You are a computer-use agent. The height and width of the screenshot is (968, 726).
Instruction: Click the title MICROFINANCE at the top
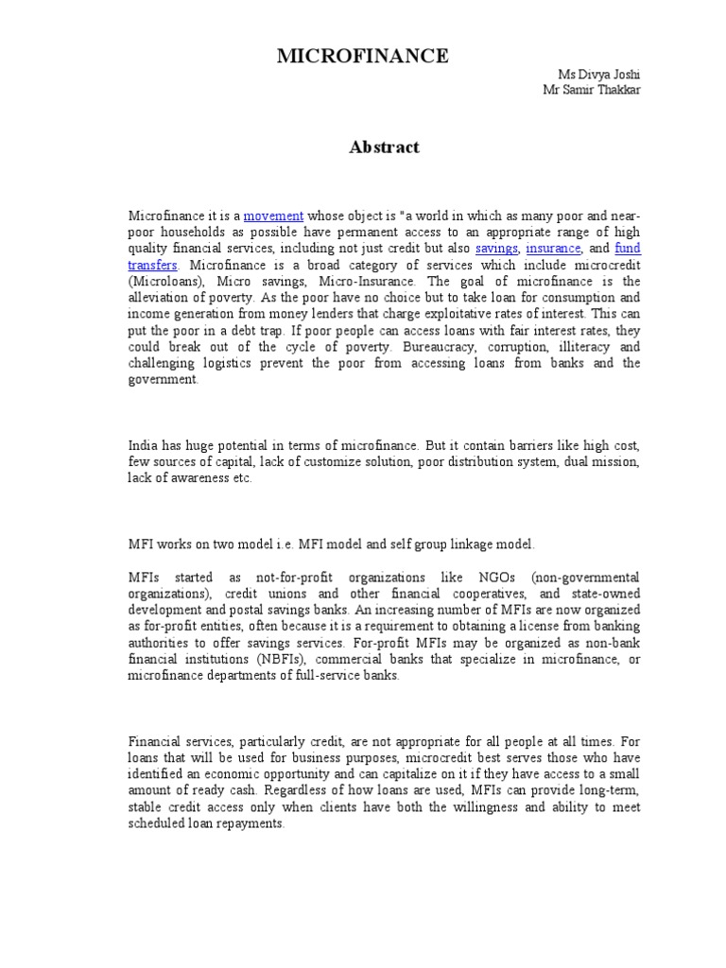[x=362, y=57]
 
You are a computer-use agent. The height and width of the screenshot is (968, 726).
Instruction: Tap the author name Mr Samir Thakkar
[x=591, y=89]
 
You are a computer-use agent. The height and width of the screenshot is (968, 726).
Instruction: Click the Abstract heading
[x=384, y=147]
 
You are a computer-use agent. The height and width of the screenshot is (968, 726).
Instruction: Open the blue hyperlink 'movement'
[x=273, y=216]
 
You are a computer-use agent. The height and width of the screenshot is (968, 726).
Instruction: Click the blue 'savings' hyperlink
[x=496, y=249]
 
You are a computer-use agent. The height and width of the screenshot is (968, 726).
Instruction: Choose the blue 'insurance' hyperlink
[x=553, y=249]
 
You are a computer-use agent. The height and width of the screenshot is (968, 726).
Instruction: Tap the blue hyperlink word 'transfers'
[x=152, y=265]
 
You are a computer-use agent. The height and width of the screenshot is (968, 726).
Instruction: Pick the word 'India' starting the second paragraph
[x=143, y=445]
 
